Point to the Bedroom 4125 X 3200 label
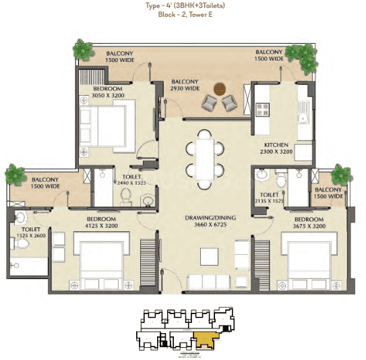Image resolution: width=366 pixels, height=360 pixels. coord(100,224)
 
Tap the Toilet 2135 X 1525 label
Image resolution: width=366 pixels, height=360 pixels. coord(267,198)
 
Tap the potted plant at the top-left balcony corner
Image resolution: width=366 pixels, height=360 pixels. coord(83,49)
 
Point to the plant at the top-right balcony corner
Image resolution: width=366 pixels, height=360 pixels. coord(297,53)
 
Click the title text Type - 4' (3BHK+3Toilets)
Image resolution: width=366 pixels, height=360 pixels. coord(183,6)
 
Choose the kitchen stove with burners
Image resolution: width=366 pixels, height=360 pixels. coord(262,108)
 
